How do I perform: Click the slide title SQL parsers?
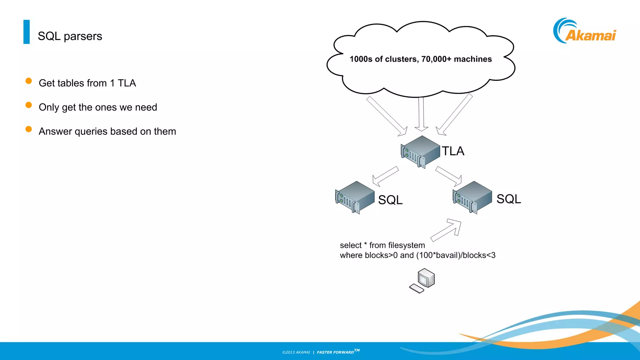(x=70, y=36)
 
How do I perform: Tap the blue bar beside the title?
(x=27, y=32)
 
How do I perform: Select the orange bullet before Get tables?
(x=28, y=81)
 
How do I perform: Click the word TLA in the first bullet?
(x=127, y=83)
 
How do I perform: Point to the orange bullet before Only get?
(x=28, y=105)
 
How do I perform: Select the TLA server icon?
(x=420, y=152)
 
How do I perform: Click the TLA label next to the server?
(x=453, y=151)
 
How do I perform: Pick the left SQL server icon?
(x=355, y=197)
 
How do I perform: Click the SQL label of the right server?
(x=508, y=199)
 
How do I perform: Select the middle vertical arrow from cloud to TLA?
(x=421, y=114)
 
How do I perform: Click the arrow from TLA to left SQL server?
(x=385, y=176)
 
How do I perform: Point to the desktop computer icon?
(x=422, y=281)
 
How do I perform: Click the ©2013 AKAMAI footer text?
(x=296, y=352)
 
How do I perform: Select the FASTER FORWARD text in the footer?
(x=335, y=352)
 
